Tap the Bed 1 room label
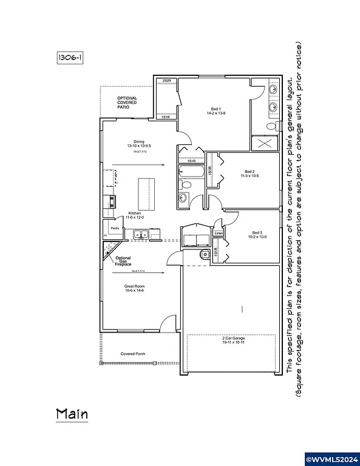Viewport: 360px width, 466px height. point(216,111)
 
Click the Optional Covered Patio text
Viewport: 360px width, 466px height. point(127,101)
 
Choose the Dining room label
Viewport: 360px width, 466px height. point(138,144)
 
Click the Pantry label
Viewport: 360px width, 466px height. point(114,228)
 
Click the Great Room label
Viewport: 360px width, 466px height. point(135,289)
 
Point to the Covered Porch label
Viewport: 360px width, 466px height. point(132,354)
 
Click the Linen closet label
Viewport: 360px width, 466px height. point(219,233)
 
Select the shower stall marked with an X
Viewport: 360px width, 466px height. point(265,143)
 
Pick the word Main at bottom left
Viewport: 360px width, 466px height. point(72,414)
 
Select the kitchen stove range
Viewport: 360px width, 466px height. point(110,202)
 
